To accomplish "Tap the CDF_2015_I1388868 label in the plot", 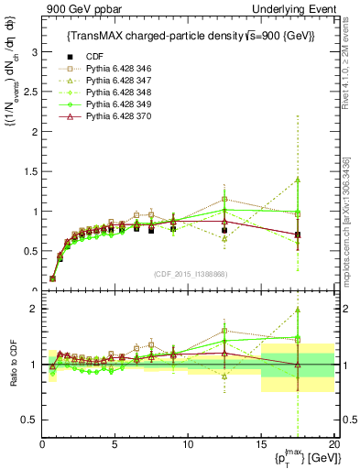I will tap(188, 274).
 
